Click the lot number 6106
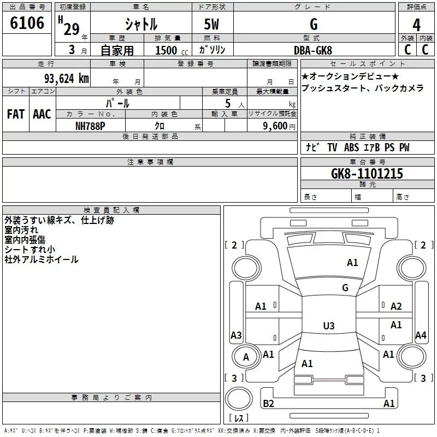point(27,23)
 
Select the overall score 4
point(416,25)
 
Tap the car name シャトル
point(141,25)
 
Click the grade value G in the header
point(313,25)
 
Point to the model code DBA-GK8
point(313,50)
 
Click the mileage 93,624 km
point(66,79)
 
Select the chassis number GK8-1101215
point(367,174)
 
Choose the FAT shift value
point(15,114)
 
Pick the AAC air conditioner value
point(42,114)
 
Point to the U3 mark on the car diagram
point(328,326)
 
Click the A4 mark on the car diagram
point(420,335)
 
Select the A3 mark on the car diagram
point(236,335)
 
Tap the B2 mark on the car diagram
point(268,403)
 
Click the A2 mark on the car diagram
point(396,306)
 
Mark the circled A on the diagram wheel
point(246,357)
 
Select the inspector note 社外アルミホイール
point(42,259)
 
